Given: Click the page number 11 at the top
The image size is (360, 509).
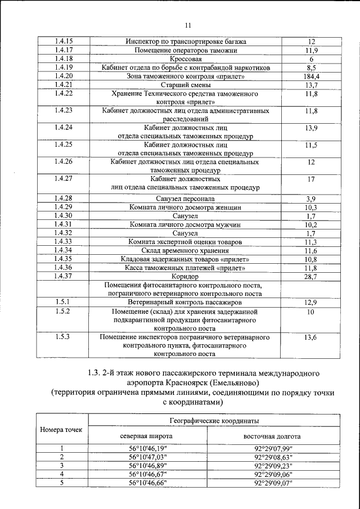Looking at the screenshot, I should pyautogui.click(x=188, y=25).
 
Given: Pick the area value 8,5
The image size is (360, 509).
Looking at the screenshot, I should pyautogui.click(x=310, y=67).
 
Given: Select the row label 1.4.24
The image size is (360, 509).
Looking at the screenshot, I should pyautogui.click(x=66, y=128).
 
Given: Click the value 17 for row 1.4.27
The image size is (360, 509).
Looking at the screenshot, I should pyautogui.click(x=310, y=179).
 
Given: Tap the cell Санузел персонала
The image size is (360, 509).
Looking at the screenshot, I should pyautogui.click(x=185, y=199).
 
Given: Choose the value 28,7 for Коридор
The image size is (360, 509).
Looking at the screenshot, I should pyautogui.click(x=310, y=277).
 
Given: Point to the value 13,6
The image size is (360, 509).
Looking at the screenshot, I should pyautogui.click(x=310, y=337).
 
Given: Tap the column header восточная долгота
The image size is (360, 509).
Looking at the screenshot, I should pyautogui.click(x=272, y=436).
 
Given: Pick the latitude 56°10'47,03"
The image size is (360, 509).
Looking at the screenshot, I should pyautogui.click(x=148, y=457).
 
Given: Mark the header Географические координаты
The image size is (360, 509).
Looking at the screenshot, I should pyautogui.click(x=209, y=420).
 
